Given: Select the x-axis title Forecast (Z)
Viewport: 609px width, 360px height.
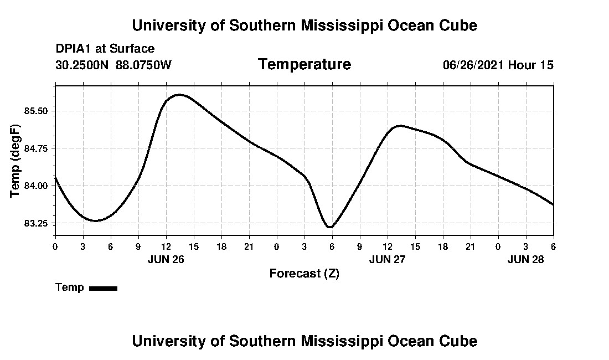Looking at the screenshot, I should pyautogui.click(x=304, y=274).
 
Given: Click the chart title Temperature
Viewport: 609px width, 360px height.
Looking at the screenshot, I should pyautogui.click(x=304, y=65).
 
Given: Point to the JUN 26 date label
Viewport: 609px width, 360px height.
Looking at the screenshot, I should pyautogui.click(x=166, y=259).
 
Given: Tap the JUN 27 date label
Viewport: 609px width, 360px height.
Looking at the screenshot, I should pyautogui.click(x=388, y=259).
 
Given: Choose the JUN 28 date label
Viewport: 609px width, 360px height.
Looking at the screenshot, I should pyautogui.click(x=526, y=259).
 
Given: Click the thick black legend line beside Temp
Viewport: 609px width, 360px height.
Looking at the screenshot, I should pyautogui.click(x=103, y=288).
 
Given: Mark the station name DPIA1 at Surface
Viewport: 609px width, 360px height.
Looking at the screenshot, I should pyautogui.click(x=105, y=49).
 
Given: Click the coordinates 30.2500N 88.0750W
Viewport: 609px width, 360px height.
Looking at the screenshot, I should pyautogui.click(x=113, y=65).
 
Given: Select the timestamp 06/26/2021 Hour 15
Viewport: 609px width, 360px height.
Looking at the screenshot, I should pyautogui.click(x=498, y=65).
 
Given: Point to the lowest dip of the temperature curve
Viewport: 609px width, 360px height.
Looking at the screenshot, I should pyautogui.click(x=329, y=227).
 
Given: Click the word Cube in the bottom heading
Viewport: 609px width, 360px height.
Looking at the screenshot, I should pyautogui.click(x=460, y=341).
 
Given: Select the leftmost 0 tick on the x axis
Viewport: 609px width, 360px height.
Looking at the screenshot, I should pyautogui.click(x=55, y=246).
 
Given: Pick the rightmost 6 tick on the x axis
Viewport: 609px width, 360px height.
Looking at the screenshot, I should pyautogui.click(x=553, y=246).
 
